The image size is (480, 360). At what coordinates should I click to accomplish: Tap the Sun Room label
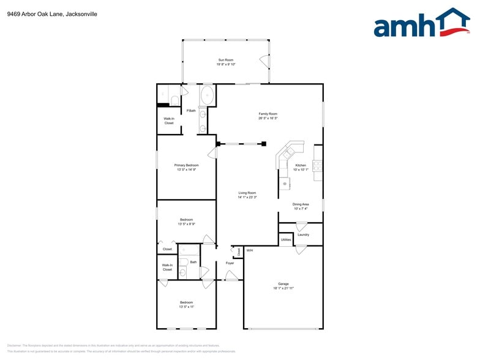click(226, 59)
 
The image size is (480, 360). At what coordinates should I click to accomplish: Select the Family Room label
click(268, 114)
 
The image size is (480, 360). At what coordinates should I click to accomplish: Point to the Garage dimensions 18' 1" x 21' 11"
click(283, 288)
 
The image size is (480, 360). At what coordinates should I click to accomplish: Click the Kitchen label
click(301, 165)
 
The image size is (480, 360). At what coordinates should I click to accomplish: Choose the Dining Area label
click(300, 204)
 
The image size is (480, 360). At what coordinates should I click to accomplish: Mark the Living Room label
click(247, 193)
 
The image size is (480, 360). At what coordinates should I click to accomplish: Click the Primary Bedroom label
click(186, 165)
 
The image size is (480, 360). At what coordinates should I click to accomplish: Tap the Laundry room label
click(303, 234)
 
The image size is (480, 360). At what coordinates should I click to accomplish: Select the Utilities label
click(286, 239)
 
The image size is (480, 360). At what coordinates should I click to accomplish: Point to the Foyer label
click(230, 263)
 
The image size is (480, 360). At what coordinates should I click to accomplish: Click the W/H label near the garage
click(249, 250)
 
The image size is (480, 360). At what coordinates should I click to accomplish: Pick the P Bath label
click(191, 111)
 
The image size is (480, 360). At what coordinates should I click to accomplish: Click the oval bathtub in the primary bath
click(208, 96)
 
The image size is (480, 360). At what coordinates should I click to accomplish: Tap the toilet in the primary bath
click(174, 100)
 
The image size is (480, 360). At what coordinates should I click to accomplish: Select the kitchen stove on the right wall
click(318, 165)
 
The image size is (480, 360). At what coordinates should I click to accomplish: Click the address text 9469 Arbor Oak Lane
click(34, 13)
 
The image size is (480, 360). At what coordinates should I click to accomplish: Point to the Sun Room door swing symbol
click(264, 61)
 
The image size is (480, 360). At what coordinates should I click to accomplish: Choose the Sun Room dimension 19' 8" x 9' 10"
click(226, 64)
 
